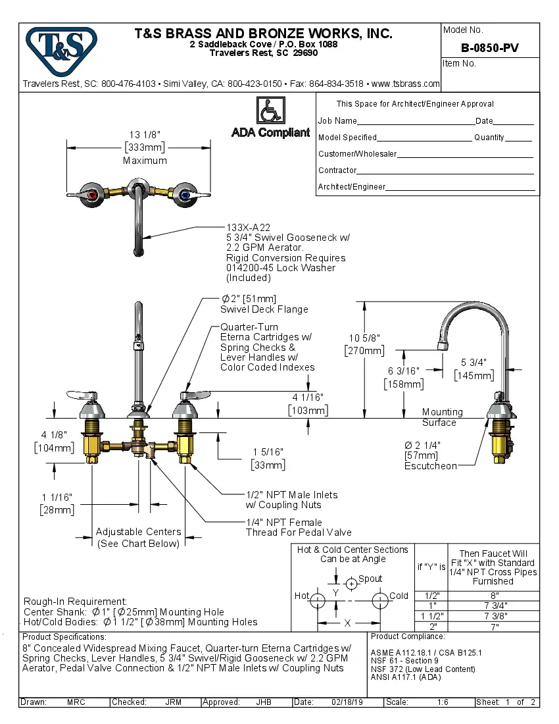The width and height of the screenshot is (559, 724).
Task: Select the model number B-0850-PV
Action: pos(489,47)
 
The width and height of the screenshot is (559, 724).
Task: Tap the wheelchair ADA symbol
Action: pos(270,110)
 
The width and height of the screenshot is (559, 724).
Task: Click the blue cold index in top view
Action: pos(185,195)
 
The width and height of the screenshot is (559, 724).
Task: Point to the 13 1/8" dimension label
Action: pos(145,135)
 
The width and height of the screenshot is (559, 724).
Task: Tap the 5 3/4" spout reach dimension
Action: pos(474,362)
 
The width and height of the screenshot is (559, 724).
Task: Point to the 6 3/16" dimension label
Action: pos(404,371)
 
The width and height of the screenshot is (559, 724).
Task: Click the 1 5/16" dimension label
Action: pos(268,452)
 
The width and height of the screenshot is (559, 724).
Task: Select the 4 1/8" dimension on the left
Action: pos(54,435)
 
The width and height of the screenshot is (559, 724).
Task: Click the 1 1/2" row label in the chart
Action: pos(431,616)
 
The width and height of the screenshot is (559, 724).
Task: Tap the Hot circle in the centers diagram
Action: pos(318,600)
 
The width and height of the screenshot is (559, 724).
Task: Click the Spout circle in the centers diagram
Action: pos(352,582)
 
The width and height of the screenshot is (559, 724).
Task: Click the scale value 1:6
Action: pos(443,702)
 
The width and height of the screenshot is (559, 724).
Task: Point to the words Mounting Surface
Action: pos(442,417)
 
